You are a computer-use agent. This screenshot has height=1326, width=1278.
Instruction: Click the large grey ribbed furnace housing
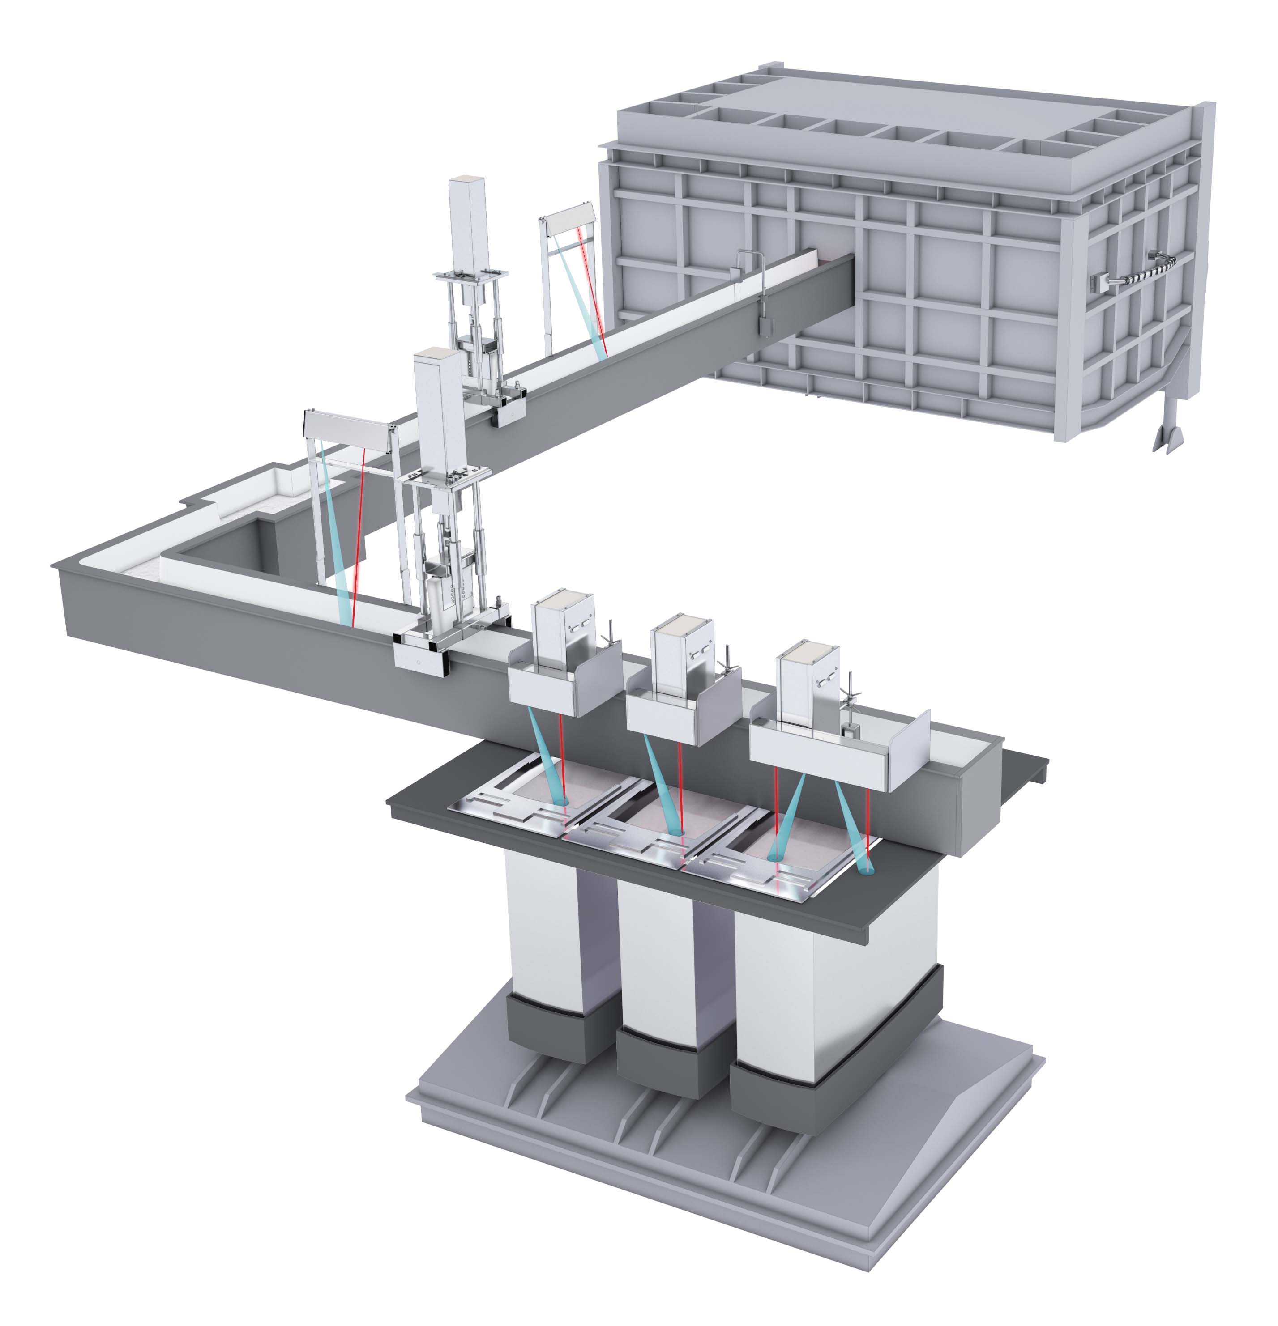click(880, 271)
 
